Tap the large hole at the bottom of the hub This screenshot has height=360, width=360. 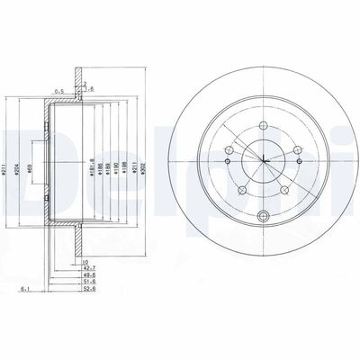(x=263, y=214)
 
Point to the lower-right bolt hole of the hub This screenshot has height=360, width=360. (x=284, y=190)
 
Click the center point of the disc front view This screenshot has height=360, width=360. (x=263, y=163)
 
